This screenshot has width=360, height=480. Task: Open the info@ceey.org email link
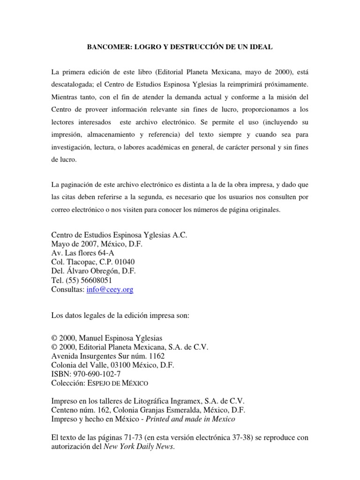(x=110, y=290)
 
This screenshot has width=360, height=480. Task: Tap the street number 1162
(x=156, y=356)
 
